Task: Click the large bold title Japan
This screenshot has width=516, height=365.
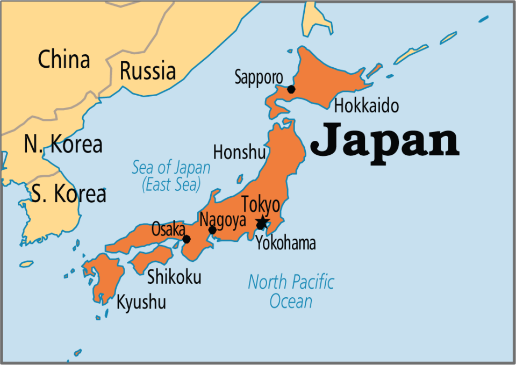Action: point(385,139)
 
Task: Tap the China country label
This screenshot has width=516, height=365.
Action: point(64,60)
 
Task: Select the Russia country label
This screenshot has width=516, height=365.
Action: point(147,71)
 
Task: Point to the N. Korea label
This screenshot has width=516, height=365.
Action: point(63,144)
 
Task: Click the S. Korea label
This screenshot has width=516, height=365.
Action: point(68,194)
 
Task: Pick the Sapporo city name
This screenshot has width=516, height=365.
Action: point(259,77)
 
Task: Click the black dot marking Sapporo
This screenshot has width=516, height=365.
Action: point(291,89)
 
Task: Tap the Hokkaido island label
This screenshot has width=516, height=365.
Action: point(367,106)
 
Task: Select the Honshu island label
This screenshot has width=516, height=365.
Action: point(239,153)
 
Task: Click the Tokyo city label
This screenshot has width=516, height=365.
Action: point(261,205)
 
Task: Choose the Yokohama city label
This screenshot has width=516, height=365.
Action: point(285,244)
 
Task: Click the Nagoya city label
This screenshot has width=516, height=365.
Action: point(223,220)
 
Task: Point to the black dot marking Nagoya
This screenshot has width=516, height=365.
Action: point(212,230)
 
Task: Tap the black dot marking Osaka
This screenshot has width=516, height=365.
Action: point(187,239)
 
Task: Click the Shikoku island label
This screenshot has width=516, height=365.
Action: point(174,277)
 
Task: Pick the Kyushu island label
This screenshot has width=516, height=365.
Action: point(141,302)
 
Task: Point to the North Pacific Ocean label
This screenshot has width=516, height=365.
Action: point(291,291)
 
